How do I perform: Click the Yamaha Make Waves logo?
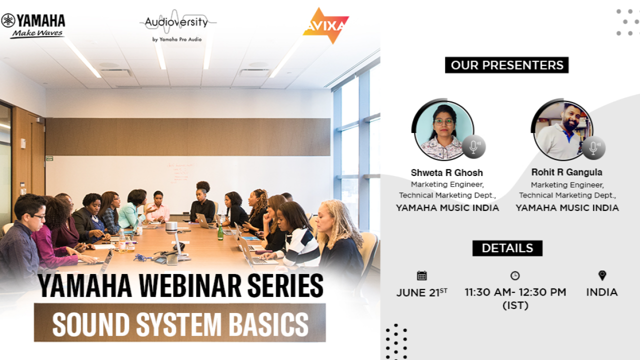point(33,25)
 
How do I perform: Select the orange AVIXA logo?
point(325,25)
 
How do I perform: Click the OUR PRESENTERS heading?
point(506,65)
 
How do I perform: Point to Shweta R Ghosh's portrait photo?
point(443,129)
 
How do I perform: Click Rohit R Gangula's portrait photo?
point(562,129)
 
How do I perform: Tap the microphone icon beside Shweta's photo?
point(473,147)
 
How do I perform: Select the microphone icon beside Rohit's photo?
point(593,148)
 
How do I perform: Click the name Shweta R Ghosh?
point(447,172)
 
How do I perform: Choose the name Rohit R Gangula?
point(567,172)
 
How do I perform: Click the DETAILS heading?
point(507,248)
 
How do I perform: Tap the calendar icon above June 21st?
point(421,275)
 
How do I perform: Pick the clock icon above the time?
point(515,275)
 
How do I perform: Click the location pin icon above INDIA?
point(602,275)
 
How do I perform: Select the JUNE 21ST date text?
point(421,293)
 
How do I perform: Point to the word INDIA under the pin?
point(602,292)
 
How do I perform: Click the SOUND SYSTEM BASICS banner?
point(180,323)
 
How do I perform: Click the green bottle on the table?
point(220,232)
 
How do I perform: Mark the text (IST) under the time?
point(515,305)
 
